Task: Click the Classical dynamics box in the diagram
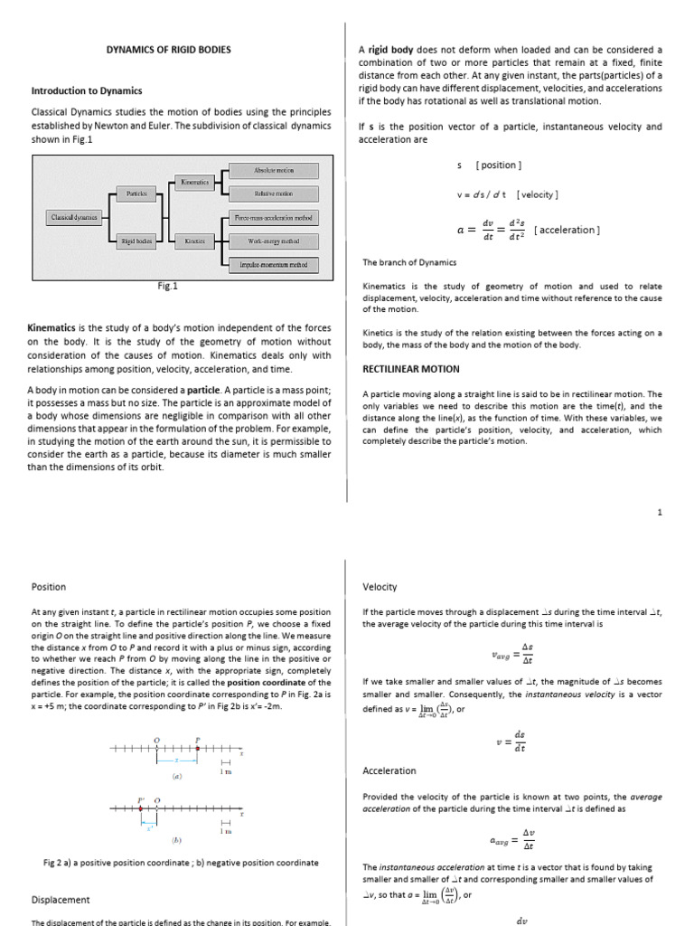coord(74,217)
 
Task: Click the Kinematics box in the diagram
coord(194,182)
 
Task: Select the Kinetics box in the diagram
coord(194,241)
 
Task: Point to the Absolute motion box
coord(273,170)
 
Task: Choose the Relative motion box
coord(273,194)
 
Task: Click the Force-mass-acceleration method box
coord(273,218)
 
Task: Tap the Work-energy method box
coord(273,241)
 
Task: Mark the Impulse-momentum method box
coord(273,265)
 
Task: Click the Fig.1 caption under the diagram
coord(167,286)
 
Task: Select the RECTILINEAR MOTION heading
coord(410,369)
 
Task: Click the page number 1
coord(660,512)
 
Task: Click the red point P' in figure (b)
coord(142,810)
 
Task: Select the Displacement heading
coord(61,900)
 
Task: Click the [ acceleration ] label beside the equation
coord(567,230)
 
